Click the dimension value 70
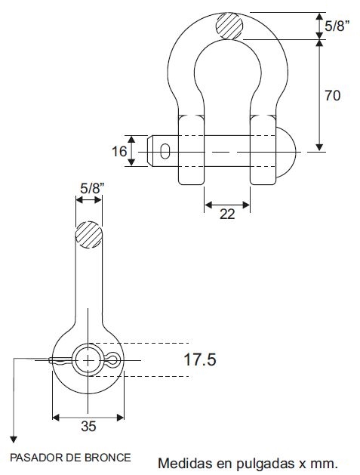332,95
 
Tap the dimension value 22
227,214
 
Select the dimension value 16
119,151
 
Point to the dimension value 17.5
200,359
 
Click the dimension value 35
88,426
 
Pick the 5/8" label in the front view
337,26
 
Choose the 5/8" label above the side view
92,189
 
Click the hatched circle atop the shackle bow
229,26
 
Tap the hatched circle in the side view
88,235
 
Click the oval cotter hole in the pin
165,151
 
